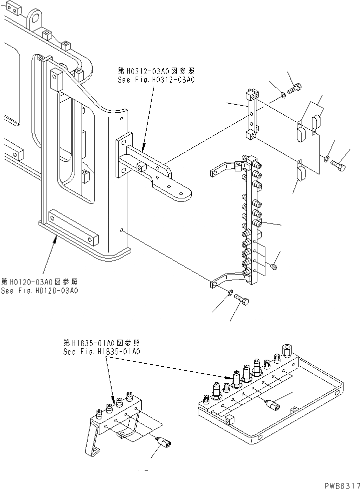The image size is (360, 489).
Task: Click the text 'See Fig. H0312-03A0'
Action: tap(155, 79)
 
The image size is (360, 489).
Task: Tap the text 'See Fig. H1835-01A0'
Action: tap(102, 351)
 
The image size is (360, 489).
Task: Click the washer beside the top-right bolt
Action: tap(283, 94)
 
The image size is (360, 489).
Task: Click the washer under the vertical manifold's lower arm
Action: tap(229, 293)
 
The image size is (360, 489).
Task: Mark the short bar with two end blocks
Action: tap(251, 114)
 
